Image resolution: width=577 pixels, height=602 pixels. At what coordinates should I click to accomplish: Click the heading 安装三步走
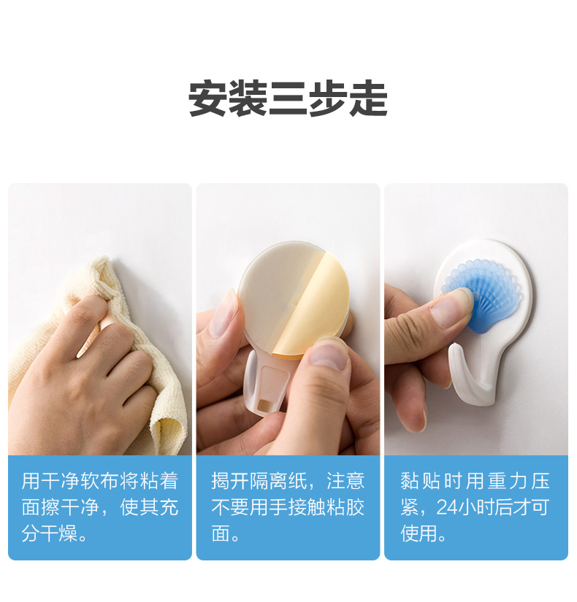pyautogui.click(x=288, y=99)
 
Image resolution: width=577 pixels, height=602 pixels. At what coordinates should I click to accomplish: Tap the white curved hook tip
pyautogui.click(x=456, y=351)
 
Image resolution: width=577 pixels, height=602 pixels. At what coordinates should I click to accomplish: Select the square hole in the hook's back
pyautogui.click(x=264, y=406)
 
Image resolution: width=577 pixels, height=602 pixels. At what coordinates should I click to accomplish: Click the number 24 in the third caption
pyautogui.click(x=447, y=507)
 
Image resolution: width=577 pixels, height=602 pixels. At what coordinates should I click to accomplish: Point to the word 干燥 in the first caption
pyautogui.click(x=61, y=533)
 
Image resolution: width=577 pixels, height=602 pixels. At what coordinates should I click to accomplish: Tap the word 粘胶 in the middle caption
pyautogui.click(x=345, y=507)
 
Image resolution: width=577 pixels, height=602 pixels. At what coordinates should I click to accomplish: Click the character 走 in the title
pyautogui.click(x=368, y=99)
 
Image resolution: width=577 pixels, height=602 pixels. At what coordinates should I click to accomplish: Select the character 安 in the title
pyautogui.click(x=208, y=99)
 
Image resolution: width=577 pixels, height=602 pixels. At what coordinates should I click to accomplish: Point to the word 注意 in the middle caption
pyautogui.click(x=345, y=481)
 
